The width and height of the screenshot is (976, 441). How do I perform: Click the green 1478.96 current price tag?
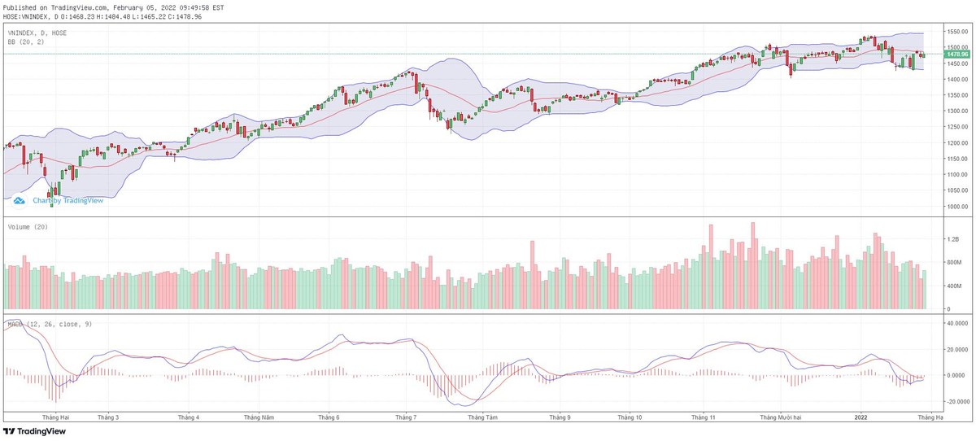click(950, 55)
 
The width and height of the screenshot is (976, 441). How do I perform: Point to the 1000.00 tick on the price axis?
click(950, 207)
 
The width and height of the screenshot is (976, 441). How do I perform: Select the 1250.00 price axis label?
click(950, 127)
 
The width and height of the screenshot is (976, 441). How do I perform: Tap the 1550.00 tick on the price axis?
click(950, 31)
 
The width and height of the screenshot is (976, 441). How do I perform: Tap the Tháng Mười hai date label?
click(781, 417)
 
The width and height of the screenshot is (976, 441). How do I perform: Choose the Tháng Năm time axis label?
click(259, 417)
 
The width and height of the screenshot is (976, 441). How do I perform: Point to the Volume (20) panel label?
click(23, 227)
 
